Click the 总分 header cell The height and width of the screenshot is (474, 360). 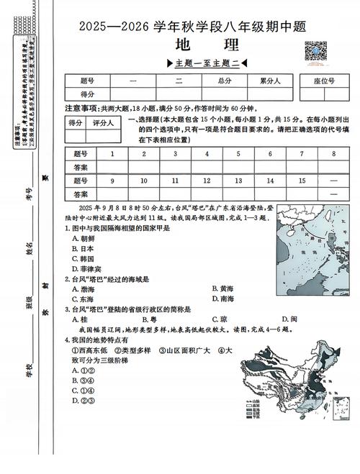coord(225,81)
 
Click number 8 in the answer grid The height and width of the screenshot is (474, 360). coord(333,153)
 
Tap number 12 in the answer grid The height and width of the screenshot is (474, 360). coord(207,181)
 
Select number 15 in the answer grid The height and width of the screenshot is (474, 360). coord(302,181)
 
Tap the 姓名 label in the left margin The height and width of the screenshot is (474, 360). coord(30,249)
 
